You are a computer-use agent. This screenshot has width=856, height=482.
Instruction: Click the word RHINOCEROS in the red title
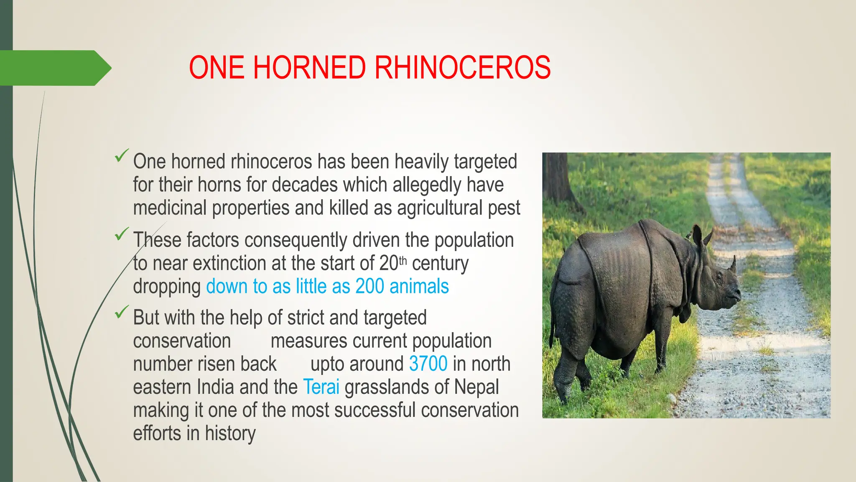tap(462, 68)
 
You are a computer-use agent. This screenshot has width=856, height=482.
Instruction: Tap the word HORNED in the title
tap(309, 68)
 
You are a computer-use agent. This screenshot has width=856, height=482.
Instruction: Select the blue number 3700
tap(428, 364)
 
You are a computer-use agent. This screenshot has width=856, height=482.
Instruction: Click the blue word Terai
tap(321, 387)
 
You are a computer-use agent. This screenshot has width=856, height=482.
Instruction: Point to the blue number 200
tap(369, 287)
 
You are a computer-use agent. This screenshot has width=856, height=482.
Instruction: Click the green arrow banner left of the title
tap(54, 68)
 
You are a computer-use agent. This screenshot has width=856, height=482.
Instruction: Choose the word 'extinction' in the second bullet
tap(229, 264)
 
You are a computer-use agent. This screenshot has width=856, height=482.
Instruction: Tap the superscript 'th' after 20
tap(403, 261)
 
